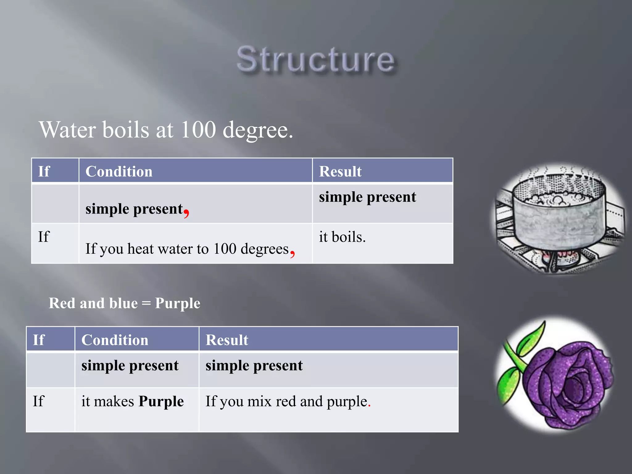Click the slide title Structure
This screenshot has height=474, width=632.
(x=315, y=59)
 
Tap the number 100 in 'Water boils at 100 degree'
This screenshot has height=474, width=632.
(x=198, y=129)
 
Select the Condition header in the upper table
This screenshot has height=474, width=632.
(x=119, y=171)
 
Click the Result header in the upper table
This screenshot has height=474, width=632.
(x=340, y=171)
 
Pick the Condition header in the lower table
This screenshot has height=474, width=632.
(x=115, y=340)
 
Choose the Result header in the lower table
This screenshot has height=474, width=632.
(x=227, y=340)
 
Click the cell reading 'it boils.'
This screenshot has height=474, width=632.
(x=342, y=237)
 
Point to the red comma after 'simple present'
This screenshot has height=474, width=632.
(x=186, y=212)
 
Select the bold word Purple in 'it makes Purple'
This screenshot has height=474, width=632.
(x=161, y=401)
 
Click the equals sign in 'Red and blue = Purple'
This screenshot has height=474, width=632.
(x=146, y=303)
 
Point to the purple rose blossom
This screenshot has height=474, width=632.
(x=568, y=386)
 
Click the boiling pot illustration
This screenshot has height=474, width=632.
(x=559, y=216)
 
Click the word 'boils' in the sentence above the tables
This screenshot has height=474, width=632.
(x=126, y=129)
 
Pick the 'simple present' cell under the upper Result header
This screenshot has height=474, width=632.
(x=367, y=197)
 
